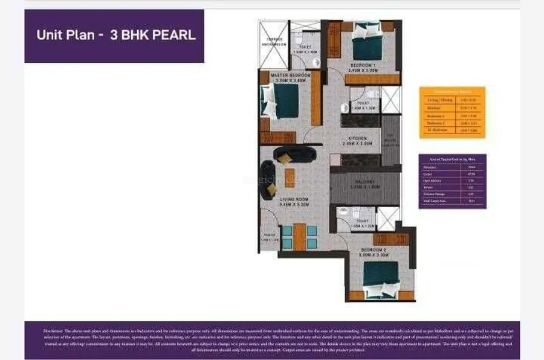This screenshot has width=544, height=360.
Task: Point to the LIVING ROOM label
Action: (294, 200)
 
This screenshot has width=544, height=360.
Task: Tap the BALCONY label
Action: (361, 181)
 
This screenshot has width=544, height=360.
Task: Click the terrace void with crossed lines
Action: (273, 43)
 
